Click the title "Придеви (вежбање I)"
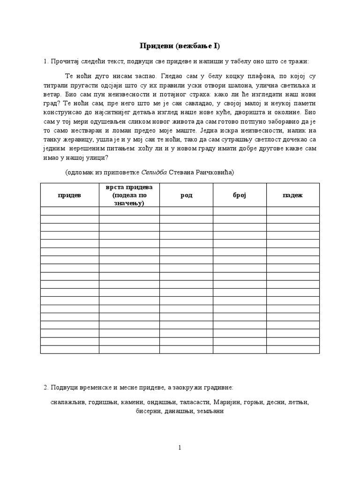pyautogui.click(x=180, y=45)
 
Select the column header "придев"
pyautogui.click(x=69, y=195)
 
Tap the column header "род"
pyautogui.click(x=186, y=195)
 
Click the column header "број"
pyautogui.click(x=240, y=195)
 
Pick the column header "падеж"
pyautogui.click(x=292, y=195)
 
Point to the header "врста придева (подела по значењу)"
pyautogui.click(x=129, y=195)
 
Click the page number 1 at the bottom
pyautogui.click(x=180, y=448)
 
